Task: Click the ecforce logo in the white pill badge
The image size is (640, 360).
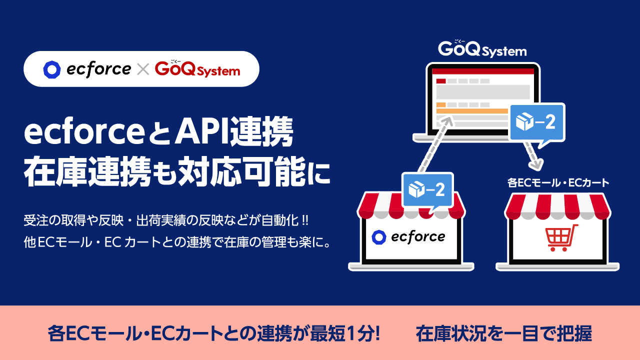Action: coord(87,69)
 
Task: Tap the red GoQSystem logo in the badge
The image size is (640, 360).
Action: coord(197,69)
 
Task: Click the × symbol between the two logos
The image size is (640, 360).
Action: coord(143,69)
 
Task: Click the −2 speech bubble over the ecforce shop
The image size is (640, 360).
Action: coord(427,190)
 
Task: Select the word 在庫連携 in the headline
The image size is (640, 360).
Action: coord(87,172)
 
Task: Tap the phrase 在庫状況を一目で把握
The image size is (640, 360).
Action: coord(503,333)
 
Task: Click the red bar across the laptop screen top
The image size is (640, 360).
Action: coord(482,71)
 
